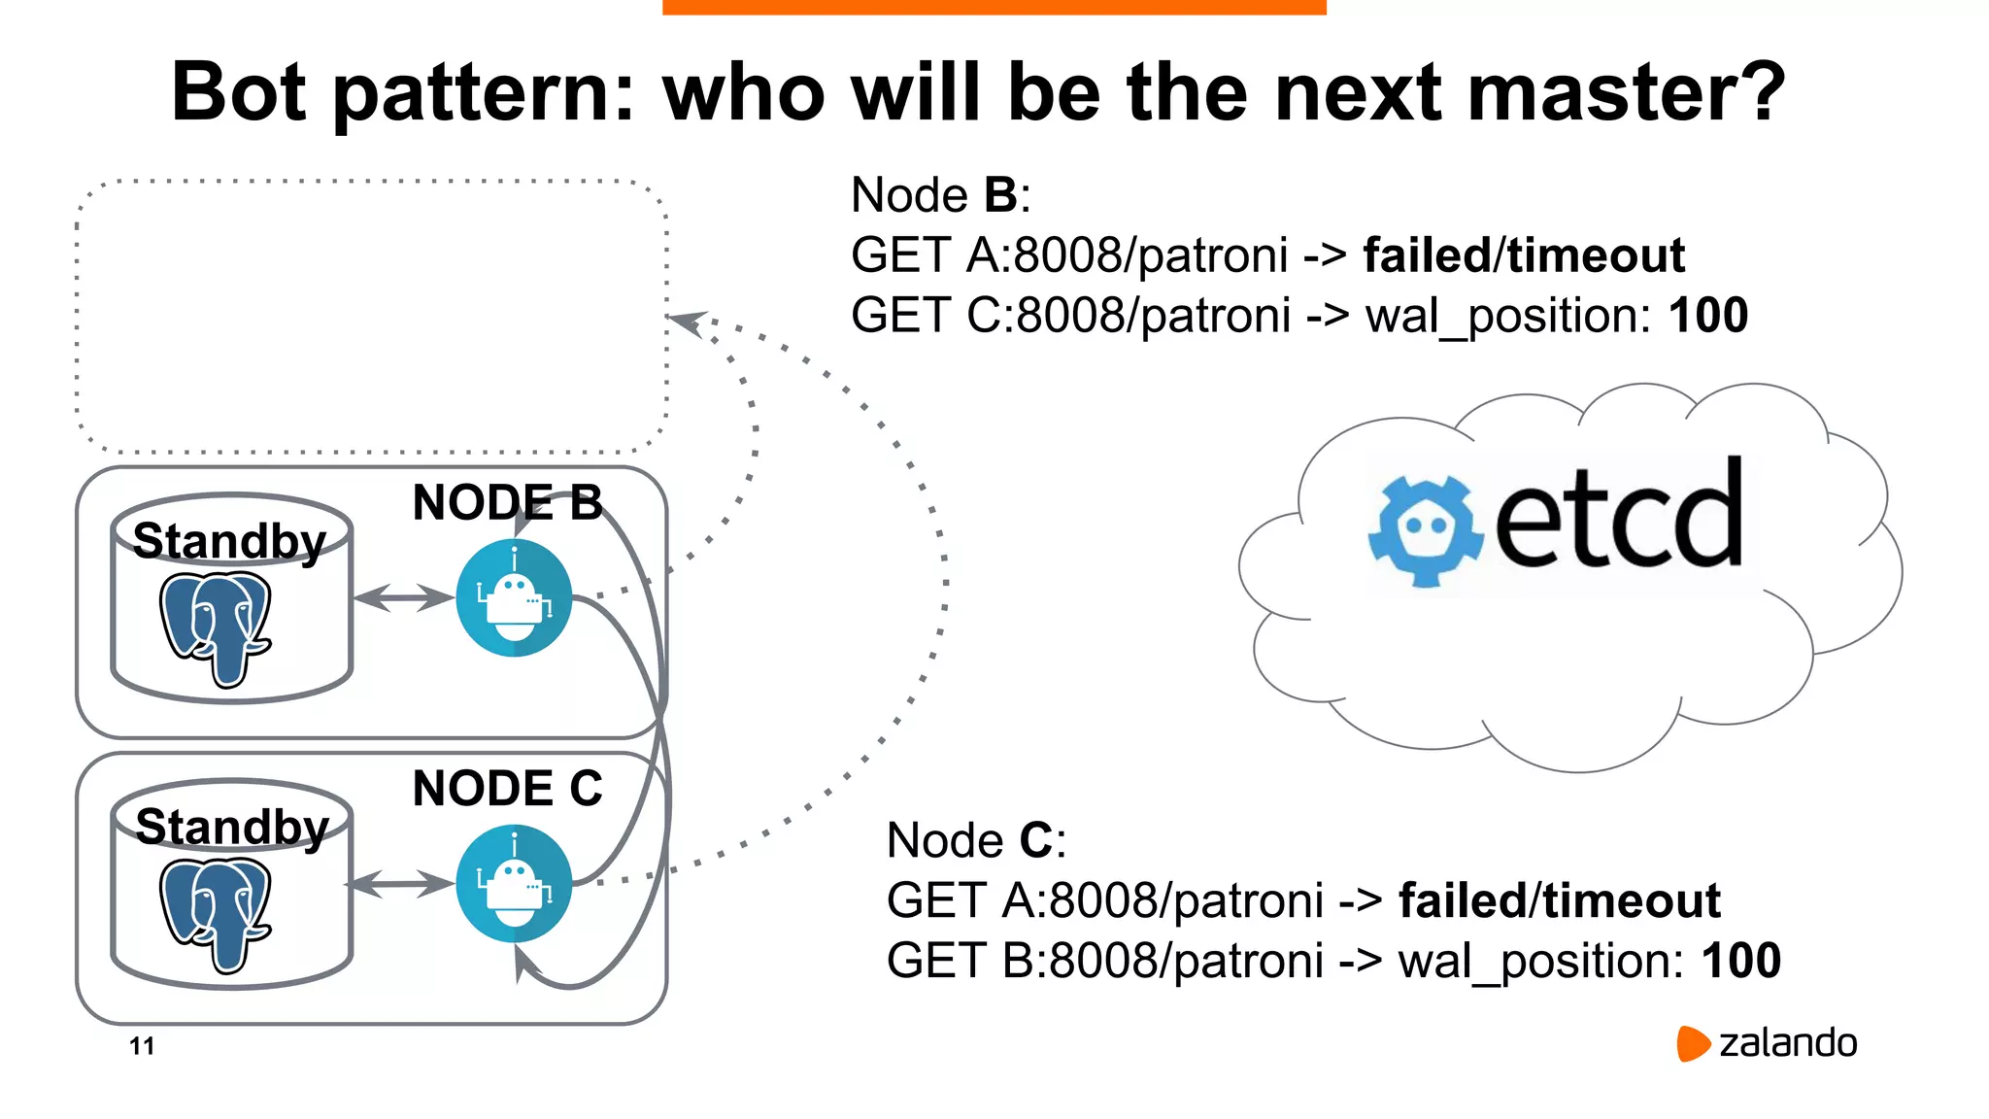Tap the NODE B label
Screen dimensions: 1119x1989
coord(507,502)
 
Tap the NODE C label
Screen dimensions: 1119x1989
coord(507,788)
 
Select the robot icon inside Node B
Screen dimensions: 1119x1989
coord(514,598)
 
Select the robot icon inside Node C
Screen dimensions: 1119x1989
coord(514,883)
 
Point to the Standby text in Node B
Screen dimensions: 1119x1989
coord(229,541)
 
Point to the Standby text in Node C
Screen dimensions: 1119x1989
coord(232,827)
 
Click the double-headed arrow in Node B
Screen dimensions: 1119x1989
coord(403,597)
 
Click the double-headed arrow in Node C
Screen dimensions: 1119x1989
coord(399,884)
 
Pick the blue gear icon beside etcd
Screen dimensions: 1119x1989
coord(1426,530)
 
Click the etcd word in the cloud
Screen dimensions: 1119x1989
coord(1618,516)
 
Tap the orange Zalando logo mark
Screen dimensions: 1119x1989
coord(1692,1043)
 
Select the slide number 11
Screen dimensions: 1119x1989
coord(142,1046)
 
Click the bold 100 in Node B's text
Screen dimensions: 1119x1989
coord(1707,316)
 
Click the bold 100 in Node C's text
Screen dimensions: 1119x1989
coord(1740,961)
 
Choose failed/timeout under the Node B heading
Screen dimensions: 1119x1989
coord(1523,255)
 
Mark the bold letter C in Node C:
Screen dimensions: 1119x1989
coord(1036,840)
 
